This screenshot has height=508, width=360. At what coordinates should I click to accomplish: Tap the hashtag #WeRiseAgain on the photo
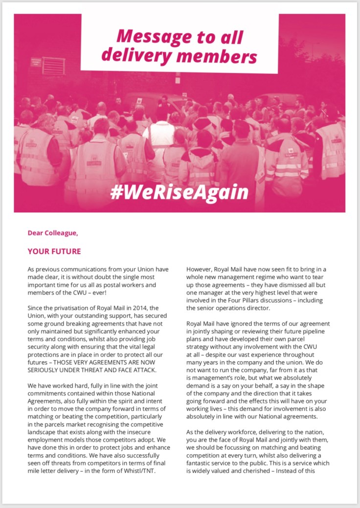180,192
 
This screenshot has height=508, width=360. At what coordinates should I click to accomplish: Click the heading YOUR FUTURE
54,252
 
